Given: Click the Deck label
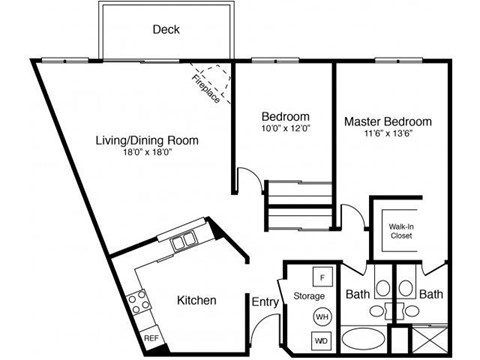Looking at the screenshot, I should pyautogui.click(x=166, y=29).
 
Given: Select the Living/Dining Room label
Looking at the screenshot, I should pyautogui.click(x=147, y=141).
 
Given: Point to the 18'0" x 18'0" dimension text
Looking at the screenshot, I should pyautogui.click(x=147, y=154).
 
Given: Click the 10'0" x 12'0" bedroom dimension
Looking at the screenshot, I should pyautogui.click(x=285, y=128).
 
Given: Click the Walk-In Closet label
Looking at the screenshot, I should pyautogui.click(x=403, y=232).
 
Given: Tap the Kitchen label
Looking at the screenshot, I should pyautogui.click(x=198, y=300).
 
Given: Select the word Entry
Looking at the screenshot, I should pyautogui.click(x=265, y=300).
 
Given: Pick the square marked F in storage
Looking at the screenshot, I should pyautogui.click(x=323, y=277).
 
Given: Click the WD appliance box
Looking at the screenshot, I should pyautogui.click(x=323, y=342).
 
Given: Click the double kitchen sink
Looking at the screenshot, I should pyautogui.click(x=183, y=242).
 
